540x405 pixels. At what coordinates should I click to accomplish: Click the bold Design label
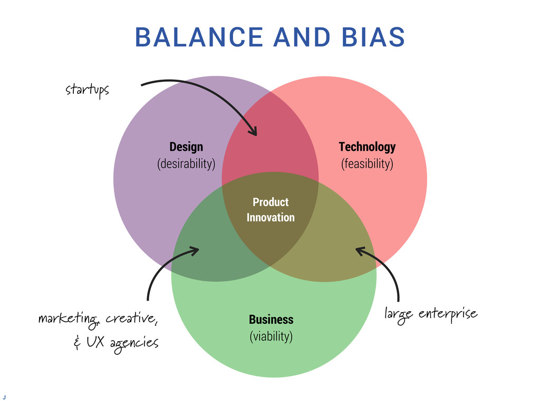point(186,147)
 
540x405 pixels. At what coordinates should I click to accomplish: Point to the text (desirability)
point(186,163)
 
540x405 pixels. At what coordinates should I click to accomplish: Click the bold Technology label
point(367,147)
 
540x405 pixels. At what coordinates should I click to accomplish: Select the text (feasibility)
point(367,163)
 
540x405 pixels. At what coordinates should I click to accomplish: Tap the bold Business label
point(271,320)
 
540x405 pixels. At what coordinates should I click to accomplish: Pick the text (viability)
point(271,336)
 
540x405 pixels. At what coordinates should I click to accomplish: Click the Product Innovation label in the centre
point(271,209)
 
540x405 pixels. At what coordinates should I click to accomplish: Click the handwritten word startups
point(87,90)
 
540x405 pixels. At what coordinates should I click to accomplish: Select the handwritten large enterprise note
point(431,315)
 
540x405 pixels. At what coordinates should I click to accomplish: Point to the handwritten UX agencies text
point(122,343)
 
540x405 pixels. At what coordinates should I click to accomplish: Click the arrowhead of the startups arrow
point(255,132)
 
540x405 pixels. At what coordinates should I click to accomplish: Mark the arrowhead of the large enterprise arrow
point(359,250)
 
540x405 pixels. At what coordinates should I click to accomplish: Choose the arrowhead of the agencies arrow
point(196,250)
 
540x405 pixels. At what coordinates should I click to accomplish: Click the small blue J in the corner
point(4,396)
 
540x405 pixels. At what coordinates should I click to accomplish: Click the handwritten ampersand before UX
point(77,344)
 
